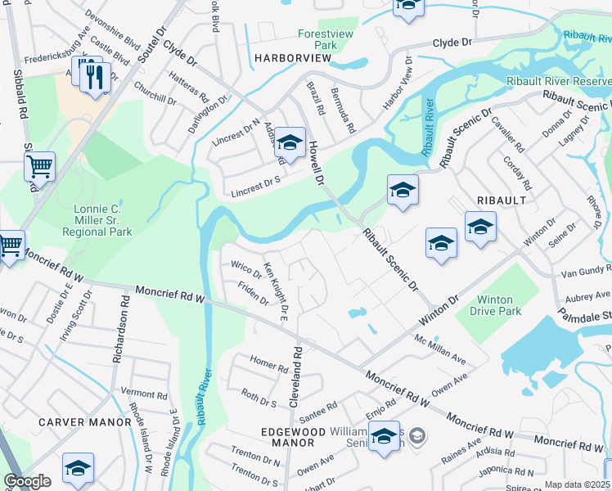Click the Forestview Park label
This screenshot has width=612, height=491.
click(319, 39)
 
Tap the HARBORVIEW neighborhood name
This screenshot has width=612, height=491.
click(292, 58)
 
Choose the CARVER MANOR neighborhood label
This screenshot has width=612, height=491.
click(84, 422)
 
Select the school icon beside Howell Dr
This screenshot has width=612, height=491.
click(289, 142)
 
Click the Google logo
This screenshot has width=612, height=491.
click(27, 481)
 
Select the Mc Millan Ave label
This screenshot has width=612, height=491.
click(439, 349)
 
